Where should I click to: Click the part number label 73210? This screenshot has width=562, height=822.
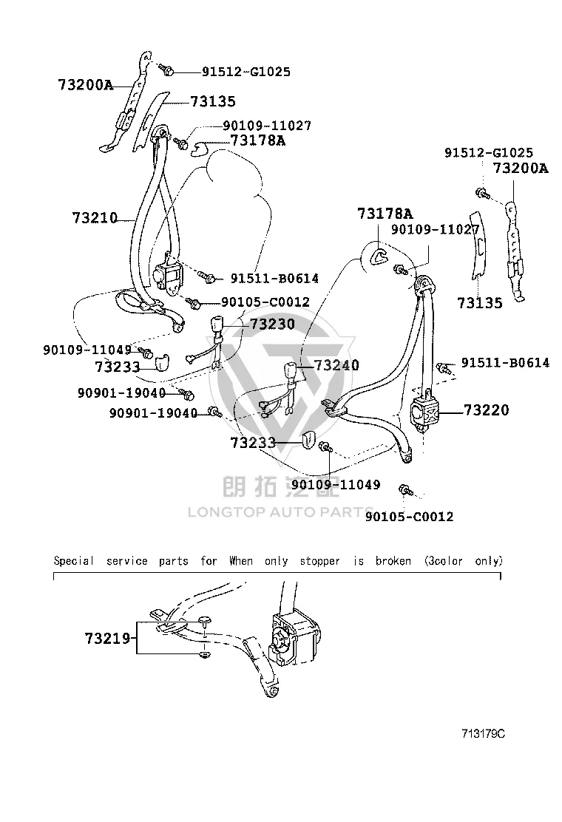[x=95, y=217]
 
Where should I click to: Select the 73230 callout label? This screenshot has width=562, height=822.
[x=272, y=324]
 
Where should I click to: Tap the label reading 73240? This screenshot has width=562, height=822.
[x=336, y=365]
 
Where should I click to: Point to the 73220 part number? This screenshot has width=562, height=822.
[x=486, y=410]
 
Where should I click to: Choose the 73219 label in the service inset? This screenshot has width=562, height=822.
[x=107, y=638]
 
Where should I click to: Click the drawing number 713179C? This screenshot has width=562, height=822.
[x=484, y=734]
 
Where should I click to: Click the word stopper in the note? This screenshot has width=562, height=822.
[x=319, y=562]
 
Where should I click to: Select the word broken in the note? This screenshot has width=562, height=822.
[x=393, y=561]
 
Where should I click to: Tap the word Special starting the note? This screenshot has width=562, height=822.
[x=74, y=562]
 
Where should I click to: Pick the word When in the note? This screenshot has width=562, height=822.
[x=241, y=561]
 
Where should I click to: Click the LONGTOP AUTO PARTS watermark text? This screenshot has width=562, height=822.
[x=280, y=512]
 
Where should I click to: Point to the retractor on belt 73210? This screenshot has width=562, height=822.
[x=166, y=274]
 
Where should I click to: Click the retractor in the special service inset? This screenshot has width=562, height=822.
[x=294, y=639]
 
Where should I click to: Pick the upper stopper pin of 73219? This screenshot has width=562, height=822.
[x=205, y=622]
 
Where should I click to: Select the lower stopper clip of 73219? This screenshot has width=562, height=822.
[x=204, y=655]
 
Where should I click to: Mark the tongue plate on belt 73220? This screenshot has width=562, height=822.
[x=331, y=407]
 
